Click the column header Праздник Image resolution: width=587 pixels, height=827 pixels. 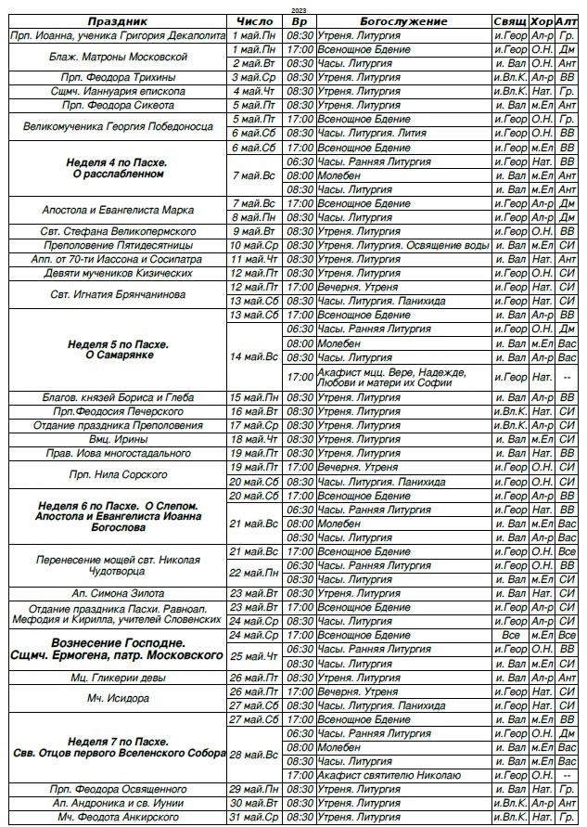(x=118, y=21)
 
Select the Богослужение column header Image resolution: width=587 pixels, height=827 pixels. (x=402, y=21)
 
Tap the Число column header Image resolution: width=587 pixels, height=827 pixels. (x=255, y=21)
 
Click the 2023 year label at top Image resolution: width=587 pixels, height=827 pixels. (x=297, y=9)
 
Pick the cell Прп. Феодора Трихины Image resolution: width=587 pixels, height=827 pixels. (x=118, y=77)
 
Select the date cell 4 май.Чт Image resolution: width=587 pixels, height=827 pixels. (x=255, y=91)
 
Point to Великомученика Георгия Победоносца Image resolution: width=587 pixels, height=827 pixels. (x=118, y=126)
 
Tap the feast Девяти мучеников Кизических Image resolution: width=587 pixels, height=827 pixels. (x=118, y=273)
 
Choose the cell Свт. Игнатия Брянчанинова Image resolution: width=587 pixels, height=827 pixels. (x=118, y=294)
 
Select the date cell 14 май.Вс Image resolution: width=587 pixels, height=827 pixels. (x=255, y=356)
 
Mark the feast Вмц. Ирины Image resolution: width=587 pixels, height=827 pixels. (x=118, y=439)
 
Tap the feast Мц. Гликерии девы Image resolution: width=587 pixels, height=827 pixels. (x=118, y=678)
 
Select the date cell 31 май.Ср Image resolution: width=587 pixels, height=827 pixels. (x=255, y=817)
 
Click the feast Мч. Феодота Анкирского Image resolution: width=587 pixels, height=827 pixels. (x=118, y=817)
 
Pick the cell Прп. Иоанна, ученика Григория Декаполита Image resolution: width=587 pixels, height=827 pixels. (x=118, y=34)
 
